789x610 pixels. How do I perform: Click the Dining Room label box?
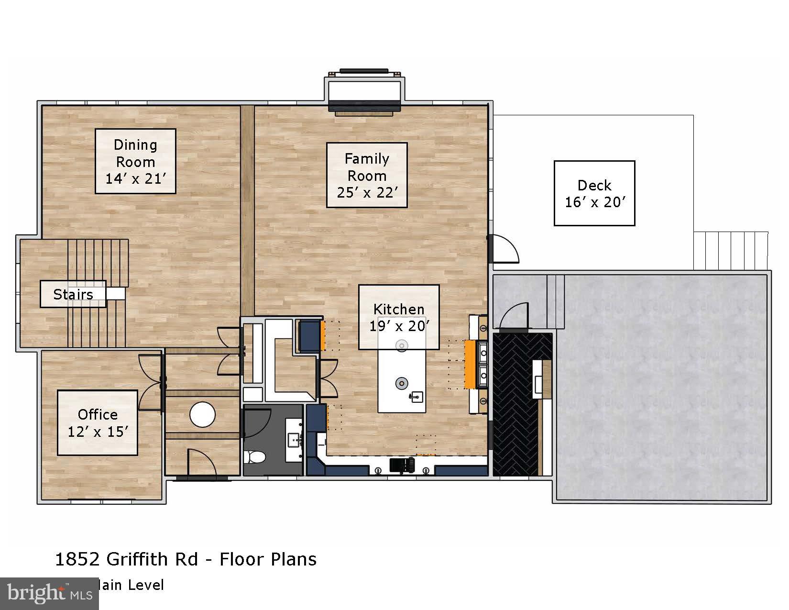click(135, 161)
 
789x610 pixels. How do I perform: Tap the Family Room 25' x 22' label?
click(367, 175)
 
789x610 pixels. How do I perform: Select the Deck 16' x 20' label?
click(594, 193)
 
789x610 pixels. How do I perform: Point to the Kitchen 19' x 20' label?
click(399, 317)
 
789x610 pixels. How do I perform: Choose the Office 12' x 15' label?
click(98, 422)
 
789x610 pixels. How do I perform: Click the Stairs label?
click(73, 294)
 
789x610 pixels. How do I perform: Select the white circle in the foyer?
click(202, 414)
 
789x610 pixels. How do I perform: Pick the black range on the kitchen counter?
click(402, 466)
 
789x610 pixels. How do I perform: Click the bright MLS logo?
click(49, 593)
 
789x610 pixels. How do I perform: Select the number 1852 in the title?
click(77, 559)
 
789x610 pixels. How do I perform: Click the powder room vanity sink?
click(293, 438)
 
